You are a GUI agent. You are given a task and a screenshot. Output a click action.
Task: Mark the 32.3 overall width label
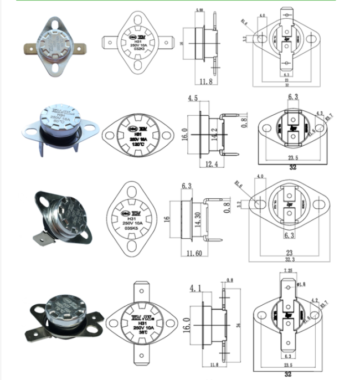[291, 259]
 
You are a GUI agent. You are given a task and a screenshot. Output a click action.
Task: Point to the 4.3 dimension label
[318, 114]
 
